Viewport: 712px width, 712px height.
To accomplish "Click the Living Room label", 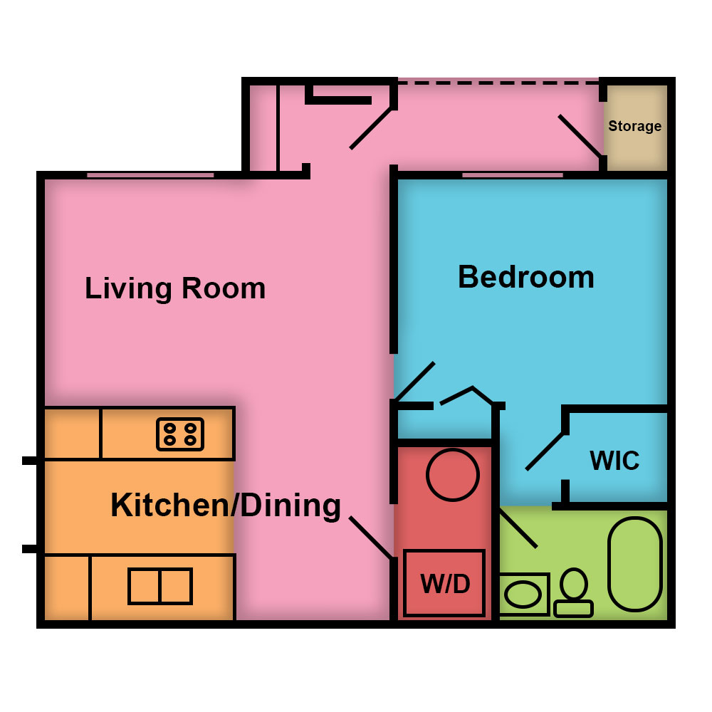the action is pyautogui.click(x=175, y=289).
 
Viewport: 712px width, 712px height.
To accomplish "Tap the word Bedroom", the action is pyautogui.click(x=526, y=277).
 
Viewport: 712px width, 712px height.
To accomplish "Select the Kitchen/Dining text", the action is pyautogui.click(x=226, y=506).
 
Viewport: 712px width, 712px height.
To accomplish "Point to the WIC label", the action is pyautogui.click(x=614, y=461).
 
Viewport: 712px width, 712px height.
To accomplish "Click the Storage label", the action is pyautogui.click(x=635, y=126).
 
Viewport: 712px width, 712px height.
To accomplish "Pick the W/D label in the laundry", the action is pyautogui.click(x=445, y=584).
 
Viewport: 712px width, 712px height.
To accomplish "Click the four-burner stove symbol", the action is pyautogui.click(x=180, y=434).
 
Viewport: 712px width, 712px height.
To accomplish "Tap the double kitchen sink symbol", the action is pyautogui.click(x=160, y=586).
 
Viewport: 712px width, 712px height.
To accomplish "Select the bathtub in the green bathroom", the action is pyautogui.click(x=635, y=564).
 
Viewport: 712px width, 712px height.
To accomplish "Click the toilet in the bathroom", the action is pyautogui.click(x=574, y=592).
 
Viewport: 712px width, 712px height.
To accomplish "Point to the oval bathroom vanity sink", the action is pyautogui.click(x=523, y=595).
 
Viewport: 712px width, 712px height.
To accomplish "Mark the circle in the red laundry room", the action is pyautogui.click(x=453, y=474).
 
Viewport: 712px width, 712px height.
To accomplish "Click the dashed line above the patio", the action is pyautogui.click(x=498, y=83).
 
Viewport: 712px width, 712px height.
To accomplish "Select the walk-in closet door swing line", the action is pyautogui.click(x=545, y=451).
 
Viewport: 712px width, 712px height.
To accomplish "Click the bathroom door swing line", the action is pyautogui.click(x=518, y=528).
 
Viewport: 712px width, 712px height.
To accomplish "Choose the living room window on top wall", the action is pyautogui.click(x=150, y=175).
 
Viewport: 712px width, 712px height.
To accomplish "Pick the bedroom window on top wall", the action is pyautogui.click(x=513, y=175).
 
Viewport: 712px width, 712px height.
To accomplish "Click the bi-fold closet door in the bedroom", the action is pyautogui.click(x=466, y=395).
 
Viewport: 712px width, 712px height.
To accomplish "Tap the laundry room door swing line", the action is pyautogui.click(x=370, y=538).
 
